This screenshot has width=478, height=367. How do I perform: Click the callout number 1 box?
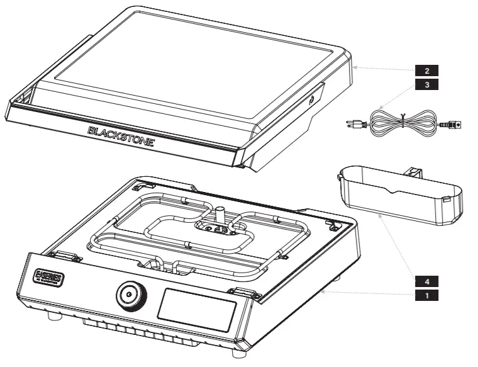427,295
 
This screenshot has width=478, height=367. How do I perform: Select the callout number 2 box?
427,70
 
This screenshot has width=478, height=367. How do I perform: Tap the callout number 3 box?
427,84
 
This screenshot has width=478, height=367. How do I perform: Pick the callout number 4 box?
427,281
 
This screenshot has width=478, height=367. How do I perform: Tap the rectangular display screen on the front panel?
196,310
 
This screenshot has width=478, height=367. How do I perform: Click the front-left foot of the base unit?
58,317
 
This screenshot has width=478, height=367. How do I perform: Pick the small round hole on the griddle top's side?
311,99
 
